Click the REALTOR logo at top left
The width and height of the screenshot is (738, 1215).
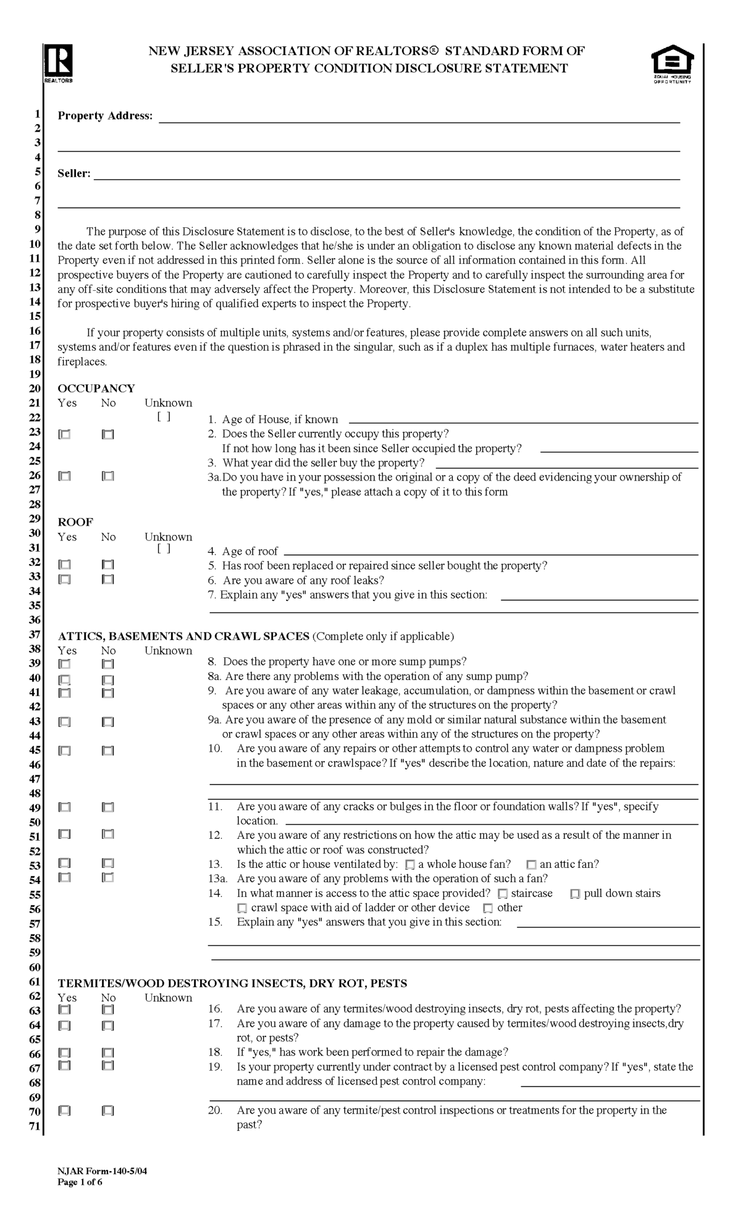(x=58, y=63)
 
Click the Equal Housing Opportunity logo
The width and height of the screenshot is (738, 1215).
(x=672, y=63)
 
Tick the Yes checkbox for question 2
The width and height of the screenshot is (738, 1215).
(x=65, y=435)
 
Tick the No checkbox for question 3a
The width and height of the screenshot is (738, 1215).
(x=108, y=476)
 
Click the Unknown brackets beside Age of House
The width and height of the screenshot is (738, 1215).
(x=164, y=417)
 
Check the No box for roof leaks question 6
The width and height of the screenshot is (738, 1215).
(x=108, y=580)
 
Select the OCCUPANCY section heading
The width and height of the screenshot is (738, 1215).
(x=96, y=389)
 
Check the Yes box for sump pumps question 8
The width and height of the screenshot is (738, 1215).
(x=65, y=664)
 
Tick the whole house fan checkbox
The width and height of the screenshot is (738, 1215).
(x=410, y=866)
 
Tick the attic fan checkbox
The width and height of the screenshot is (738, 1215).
(x=531, y=866)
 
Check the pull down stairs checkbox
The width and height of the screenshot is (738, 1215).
(x=575, y=895)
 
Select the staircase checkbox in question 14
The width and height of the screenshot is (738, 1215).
(x=503, y=894)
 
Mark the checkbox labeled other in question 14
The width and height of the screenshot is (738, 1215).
(x=488, y=909)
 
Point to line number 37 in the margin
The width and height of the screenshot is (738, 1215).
(x=34, y=635)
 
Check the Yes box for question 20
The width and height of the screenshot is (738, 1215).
(x=65, y=1111)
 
